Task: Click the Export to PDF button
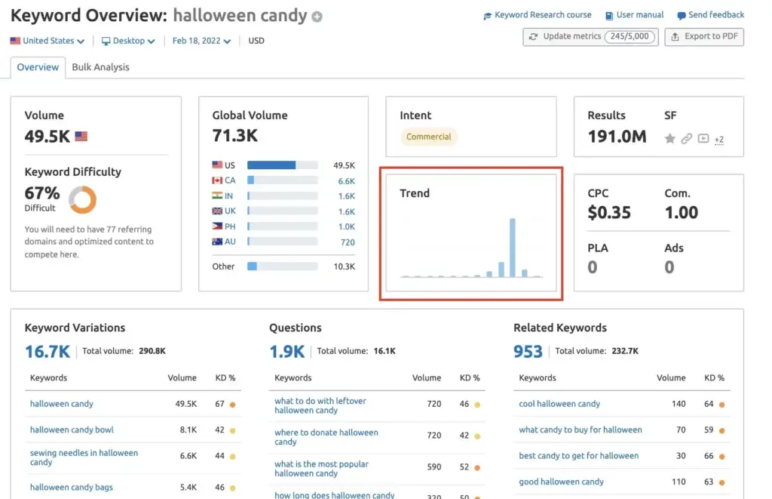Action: pos(704,37)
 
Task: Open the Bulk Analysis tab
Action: pos(100,67)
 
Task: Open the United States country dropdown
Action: pos(47,41)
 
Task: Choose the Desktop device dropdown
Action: pos(128,41)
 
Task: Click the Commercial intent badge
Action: pos(428,137)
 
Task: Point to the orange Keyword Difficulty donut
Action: pos(82,199)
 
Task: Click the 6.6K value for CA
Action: pos(346,180)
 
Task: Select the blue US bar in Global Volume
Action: pos(271,165)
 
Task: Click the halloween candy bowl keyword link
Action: pos(72,430)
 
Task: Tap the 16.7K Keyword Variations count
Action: pos(47,351)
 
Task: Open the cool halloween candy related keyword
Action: pos(559,404)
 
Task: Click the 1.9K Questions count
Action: pos(286,351)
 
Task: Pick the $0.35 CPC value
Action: pos(609,212)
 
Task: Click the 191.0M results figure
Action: pos(617,137)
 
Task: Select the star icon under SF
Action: pos(669,139)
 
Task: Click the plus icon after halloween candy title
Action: pos(317,17)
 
